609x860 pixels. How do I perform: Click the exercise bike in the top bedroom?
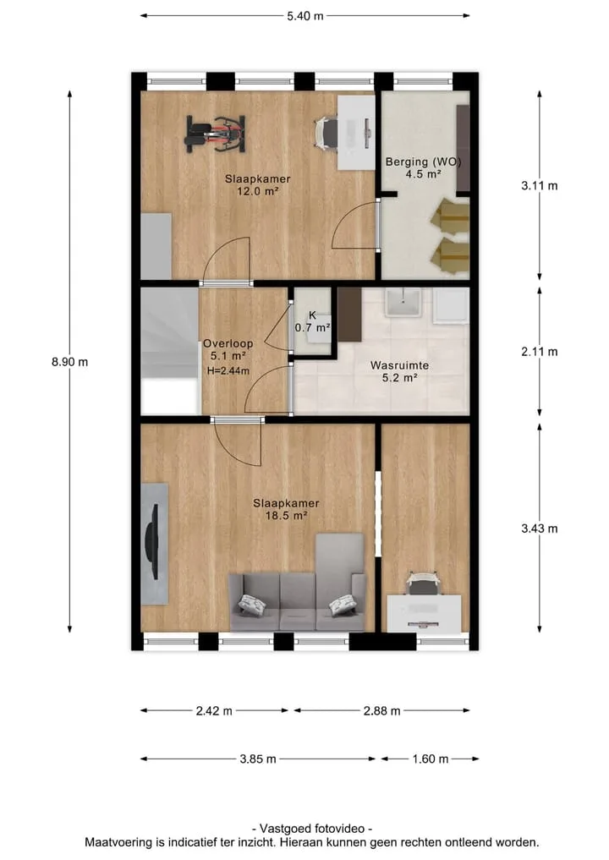(x=215, y=134)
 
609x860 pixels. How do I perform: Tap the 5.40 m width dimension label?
(x=305, y=16)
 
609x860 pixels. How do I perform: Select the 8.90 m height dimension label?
(x=69, y=362)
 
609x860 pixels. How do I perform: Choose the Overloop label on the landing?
(x=228, y=344)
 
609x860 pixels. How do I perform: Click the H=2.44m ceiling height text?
(x=228, y=370)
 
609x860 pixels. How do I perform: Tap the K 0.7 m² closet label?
(x=313, y=321)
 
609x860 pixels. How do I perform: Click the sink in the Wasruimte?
(x=403, y=303)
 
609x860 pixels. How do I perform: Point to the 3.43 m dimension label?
(x=540, y=529)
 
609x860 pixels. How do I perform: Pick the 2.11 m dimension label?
(x=540, y=352)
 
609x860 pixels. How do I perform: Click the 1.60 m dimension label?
(x=431, y=759)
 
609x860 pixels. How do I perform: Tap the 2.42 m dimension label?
(x=214, y=711)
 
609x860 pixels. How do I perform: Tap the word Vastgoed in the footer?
(x=284, y=829)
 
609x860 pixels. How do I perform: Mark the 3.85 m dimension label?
(x=258, y=759)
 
